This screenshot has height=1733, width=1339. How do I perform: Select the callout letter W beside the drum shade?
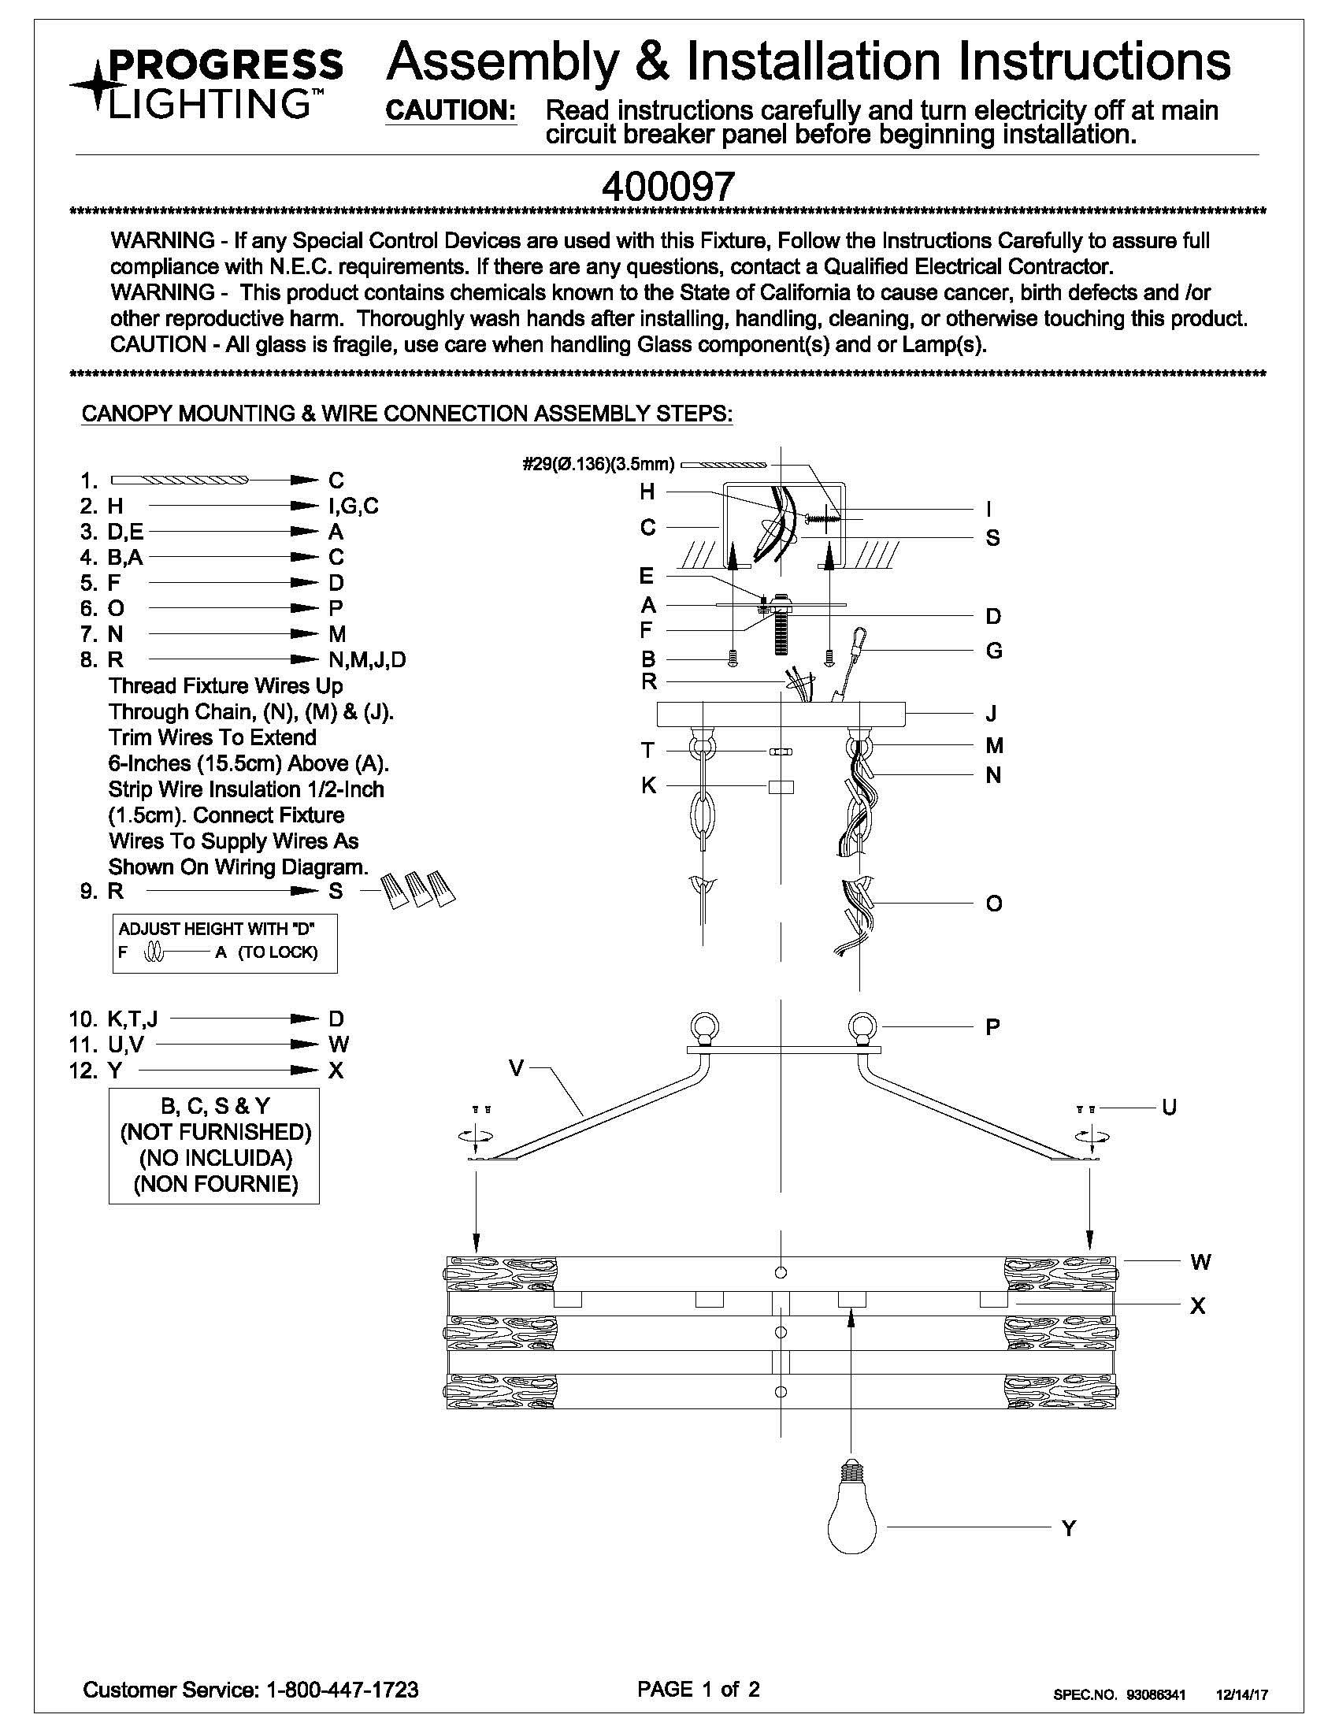(x=1200, y=1262)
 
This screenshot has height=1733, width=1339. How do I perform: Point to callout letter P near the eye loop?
(x=992, y=1027)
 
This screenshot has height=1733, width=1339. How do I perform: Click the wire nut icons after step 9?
(x=418, y=889)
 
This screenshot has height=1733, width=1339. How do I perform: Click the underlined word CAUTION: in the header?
(x=451, y=111)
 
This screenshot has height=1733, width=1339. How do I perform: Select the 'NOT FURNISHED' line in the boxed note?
(x=215, y=1131)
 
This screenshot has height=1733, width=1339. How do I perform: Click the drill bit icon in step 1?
(x=180, y=480)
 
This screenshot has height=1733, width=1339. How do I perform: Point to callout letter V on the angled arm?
(x=517, y=1069)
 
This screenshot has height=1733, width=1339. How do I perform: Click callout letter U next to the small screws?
(x=1168, y=1107)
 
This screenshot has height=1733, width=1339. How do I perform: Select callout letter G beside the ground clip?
(x=993, y=651)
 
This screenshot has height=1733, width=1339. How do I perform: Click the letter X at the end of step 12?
(x=336, y=1071)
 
